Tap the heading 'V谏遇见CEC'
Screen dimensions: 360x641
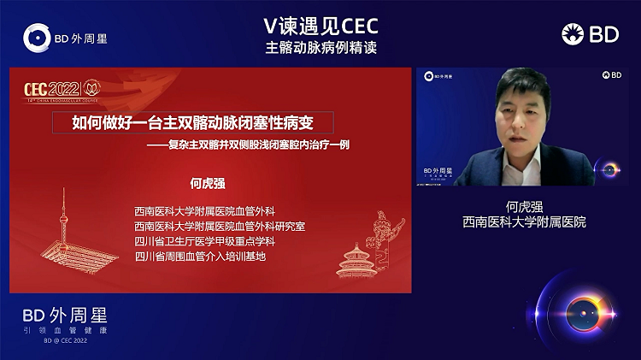pyautogui.click(x=320, y=26)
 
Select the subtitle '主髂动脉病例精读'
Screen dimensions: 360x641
pyautogui.click(x=320, y=46)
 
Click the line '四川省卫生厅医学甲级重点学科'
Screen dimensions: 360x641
pyautogui.click(x=205, y=241)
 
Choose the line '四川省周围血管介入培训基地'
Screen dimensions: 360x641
pyautogui.click(x=200, y=256)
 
